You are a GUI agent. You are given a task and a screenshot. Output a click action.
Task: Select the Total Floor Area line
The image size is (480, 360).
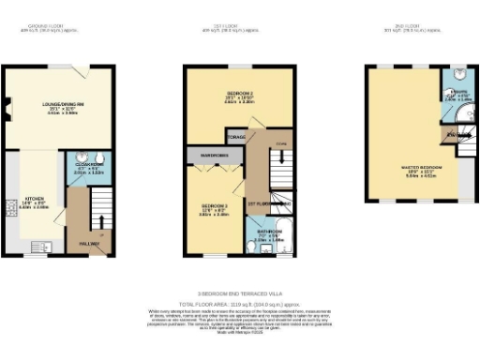click(238, 304)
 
